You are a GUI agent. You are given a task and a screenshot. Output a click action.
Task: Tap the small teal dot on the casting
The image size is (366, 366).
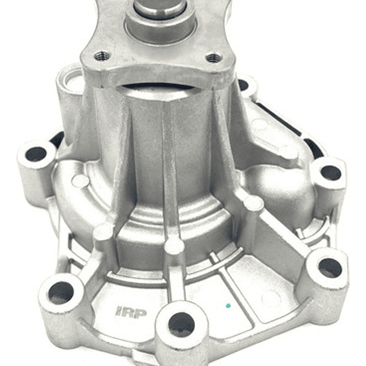click(228, 306)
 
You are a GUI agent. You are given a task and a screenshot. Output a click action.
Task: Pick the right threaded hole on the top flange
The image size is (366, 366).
click(214, 58)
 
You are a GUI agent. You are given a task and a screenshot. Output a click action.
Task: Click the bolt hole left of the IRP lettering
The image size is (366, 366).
click(61, 292)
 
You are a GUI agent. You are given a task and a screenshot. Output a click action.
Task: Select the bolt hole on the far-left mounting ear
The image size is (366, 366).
click(36, 154)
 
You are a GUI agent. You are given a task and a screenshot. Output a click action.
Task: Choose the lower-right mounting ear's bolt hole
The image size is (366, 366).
click(330, 268)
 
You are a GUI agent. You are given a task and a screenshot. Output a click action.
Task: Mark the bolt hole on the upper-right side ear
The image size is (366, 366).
click(331, 173)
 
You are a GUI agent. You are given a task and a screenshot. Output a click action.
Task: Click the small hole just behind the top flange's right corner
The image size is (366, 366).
click(245, 85)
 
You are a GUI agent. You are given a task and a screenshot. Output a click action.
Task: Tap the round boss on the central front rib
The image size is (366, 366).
click(174, 245)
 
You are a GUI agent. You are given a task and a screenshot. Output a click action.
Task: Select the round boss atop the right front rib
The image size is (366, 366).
click(253, 204)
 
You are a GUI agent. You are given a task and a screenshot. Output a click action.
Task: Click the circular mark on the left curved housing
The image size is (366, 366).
click(80, 181)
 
